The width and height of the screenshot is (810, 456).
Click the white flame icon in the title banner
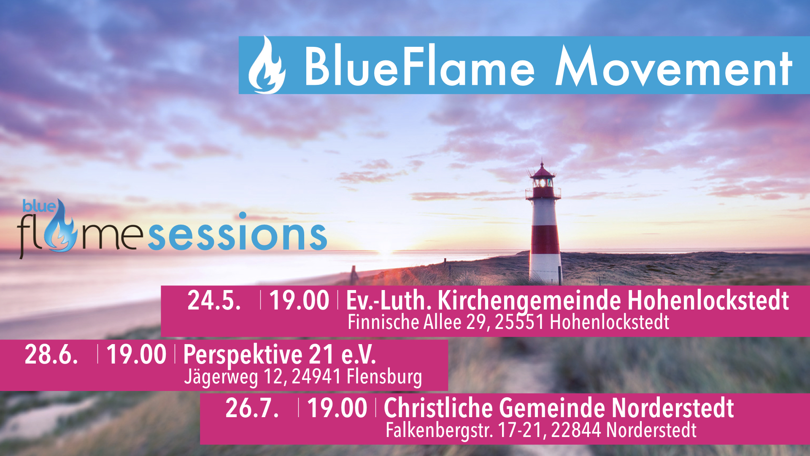tap(267, 65)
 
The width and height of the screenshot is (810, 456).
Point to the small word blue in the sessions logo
tap(39, 206)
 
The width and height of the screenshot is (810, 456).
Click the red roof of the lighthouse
tap(543, 171)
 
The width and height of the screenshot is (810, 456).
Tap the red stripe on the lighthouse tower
tap(545, 239)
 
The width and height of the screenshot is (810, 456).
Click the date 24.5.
tap(214, 301)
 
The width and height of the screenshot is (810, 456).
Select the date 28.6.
tap(51, 354)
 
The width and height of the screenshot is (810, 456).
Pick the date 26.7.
tap(252, 408)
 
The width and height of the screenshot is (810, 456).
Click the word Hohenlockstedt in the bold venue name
tap(708, 301)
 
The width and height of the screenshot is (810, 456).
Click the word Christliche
tap(438, 408)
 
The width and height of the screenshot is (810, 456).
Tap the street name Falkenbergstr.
tap(439, 431)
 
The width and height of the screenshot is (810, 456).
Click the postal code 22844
tap(576, 430)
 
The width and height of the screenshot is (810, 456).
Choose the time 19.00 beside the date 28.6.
tap(136, 354)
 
